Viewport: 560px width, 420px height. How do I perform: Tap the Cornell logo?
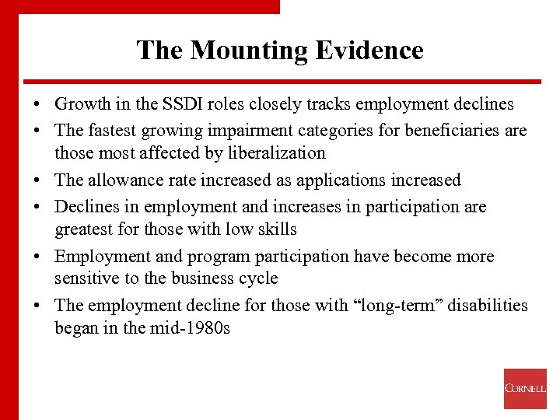pyautogui.click(x=525, y=388)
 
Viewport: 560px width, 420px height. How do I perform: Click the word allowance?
pyautogui.click(x=128, y=180)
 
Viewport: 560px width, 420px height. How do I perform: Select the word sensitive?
pyautogui.click(x=87, y=278)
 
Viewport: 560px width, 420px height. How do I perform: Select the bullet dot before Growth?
pyautogui.click(x=37, y=105)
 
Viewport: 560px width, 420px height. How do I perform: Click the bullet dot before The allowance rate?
pyautogui.click(x=37, y=181)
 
